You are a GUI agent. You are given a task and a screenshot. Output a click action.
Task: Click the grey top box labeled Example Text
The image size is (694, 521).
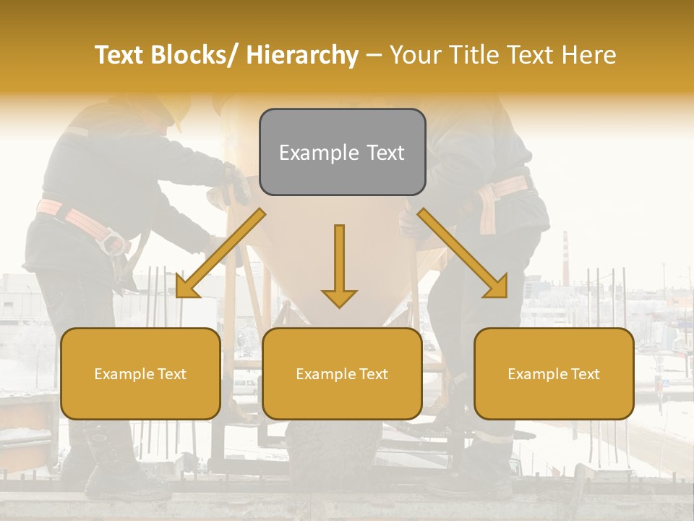[x=342, y=152]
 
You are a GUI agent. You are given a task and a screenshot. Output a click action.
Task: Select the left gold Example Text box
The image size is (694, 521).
[x=140, y=373]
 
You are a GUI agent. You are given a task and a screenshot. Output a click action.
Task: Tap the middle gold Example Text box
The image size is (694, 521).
[x=342, y=373]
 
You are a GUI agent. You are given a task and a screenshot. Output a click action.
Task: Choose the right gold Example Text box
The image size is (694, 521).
[x=554, y=373]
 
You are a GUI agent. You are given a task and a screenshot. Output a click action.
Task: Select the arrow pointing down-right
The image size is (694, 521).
[x=463, y=253]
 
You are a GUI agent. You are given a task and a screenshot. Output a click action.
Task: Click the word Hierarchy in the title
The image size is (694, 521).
[x=302, y=56]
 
